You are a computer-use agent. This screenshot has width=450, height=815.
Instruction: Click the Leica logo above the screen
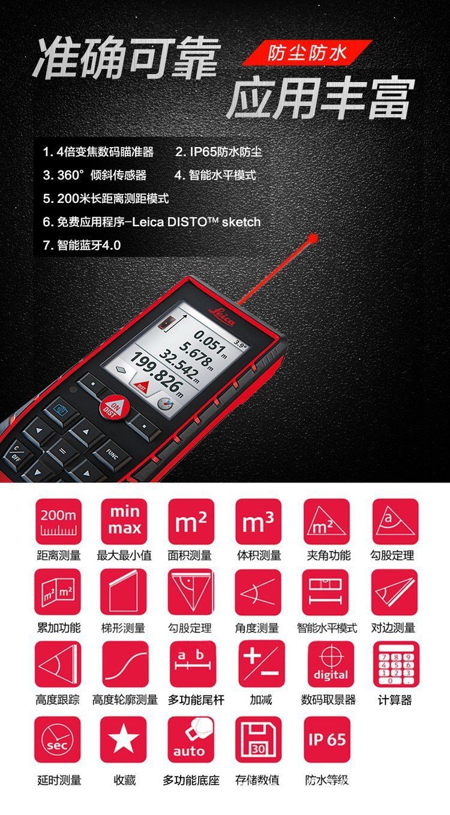221,316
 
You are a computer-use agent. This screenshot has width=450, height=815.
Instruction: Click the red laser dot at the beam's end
312,238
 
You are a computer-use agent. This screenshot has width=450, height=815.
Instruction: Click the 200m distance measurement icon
58,522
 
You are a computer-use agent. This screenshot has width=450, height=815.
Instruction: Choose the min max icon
124,522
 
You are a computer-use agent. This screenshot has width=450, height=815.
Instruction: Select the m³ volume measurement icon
258,522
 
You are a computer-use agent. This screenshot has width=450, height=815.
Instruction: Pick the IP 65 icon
326,739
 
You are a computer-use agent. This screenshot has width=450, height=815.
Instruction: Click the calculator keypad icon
396,664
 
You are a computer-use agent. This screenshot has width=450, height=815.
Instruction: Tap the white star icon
124,739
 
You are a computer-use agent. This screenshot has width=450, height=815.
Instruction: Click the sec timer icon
58,739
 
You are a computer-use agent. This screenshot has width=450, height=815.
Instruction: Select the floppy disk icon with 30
258,739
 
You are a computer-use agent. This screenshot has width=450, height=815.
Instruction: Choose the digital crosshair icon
331,664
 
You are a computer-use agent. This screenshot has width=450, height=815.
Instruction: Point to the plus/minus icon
262,664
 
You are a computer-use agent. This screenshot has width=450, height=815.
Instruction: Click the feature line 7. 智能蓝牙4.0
82,245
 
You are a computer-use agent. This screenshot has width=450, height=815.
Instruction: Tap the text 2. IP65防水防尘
218,152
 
